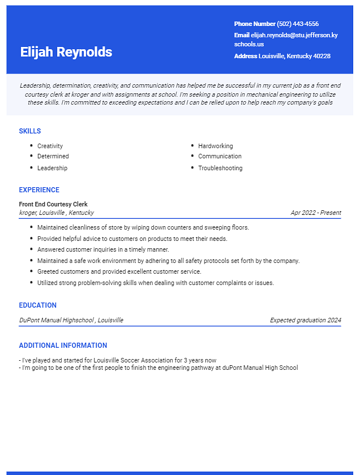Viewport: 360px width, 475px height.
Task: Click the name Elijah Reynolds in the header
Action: tap(66, 52)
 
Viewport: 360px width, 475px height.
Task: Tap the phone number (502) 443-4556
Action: tap(298, 24)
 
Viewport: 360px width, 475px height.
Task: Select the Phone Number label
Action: tap(255, 24)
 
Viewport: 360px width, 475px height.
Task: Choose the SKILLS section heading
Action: tap(30, 131)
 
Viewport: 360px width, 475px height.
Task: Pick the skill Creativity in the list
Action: tap(50, 146)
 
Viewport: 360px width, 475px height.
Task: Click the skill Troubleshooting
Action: tap(220, 168)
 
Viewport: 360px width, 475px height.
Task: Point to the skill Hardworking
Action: tap(216, 146)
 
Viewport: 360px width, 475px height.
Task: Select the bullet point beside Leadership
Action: tap(31, 168)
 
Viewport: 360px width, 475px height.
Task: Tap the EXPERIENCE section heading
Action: tap(39, 190)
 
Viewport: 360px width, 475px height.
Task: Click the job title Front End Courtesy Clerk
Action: tap(53, 204)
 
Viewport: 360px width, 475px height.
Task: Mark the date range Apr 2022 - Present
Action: tap(316, 213)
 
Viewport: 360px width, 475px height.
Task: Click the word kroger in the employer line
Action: tap(27, 213)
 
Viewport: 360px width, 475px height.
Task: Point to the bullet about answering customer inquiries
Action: tap(103, 249)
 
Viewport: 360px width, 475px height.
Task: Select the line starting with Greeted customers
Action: tap(119, 271)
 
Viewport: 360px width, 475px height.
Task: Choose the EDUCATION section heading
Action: tap(38, 305)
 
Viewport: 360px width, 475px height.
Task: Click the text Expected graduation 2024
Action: tap(306, 320)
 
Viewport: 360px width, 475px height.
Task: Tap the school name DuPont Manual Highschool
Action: tap(57, 320)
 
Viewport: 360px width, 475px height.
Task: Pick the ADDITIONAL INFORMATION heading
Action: tap(63, 346)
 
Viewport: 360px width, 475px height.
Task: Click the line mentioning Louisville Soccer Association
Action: tap(118, 360)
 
